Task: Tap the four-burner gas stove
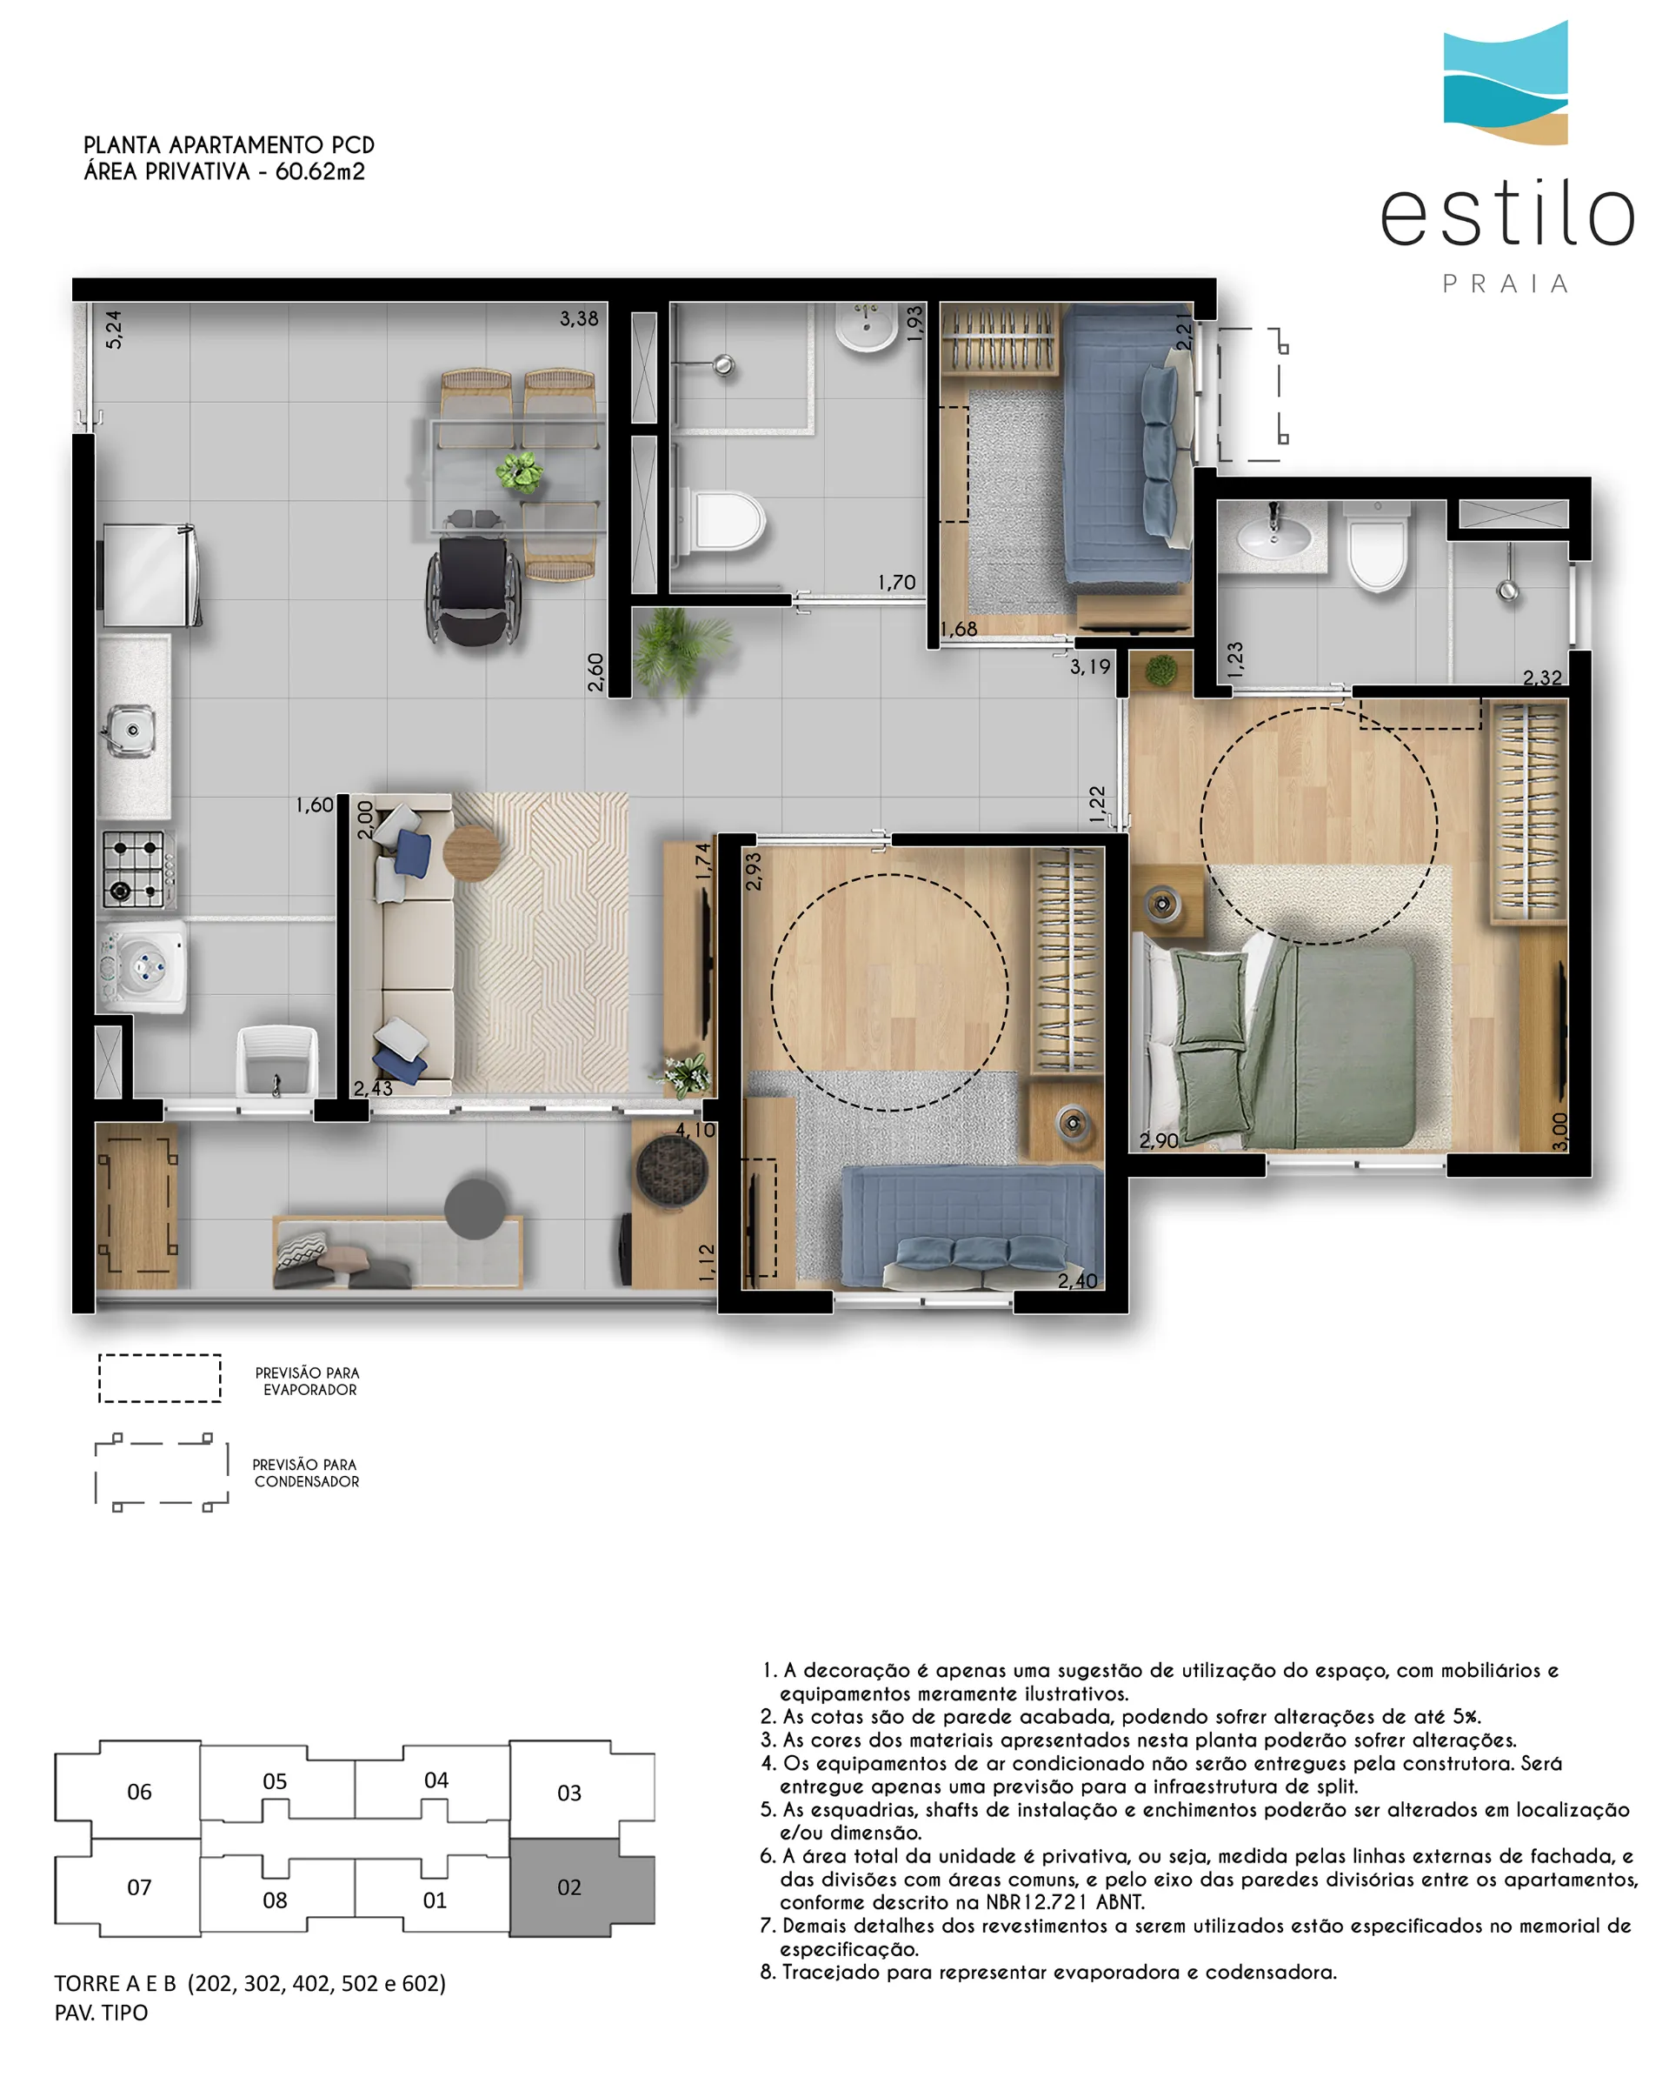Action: coord(136,868)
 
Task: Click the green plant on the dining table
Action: coord(519,472)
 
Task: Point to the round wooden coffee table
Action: coord(471,852)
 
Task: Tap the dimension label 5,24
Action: coord(114,330)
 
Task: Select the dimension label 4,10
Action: coord(695,1129)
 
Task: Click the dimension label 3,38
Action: coord(579,318)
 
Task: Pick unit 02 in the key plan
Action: coord(569,1887)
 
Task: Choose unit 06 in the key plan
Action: coord(140,1792)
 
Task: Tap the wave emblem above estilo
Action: coord(1506,83)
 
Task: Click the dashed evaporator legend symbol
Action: coord(160,1379)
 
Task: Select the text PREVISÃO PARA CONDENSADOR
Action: coord(305,1473)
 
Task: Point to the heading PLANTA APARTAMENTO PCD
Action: coord(229,144)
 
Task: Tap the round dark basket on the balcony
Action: coord(671,1171)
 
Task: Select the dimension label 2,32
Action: coord(1542,678)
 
